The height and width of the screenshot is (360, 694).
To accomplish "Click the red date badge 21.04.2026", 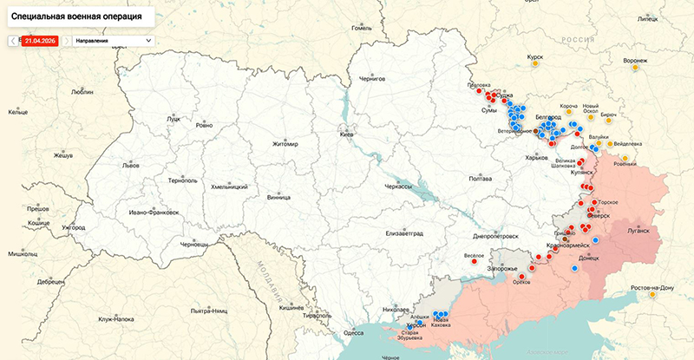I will point(40,40).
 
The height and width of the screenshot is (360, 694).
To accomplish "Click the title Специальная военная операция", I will point(76,16).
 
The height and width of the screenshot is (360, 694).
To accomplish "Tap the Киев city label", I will point(347,135).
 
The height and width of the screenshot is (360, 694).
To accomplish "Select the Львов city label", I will point(131,164).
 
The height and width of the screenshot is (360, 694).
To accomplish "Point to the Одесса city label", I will point(353,332).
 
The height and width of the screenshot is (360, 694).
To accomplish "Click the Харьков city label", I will point(537,158).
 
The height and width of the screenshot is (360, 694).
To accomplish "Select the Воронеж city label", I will point(635,61).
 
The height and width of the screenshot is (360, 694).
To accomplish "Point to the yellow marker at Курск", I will point(536,65).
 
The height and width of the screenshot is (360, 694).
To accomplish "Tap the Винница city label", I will point(279,197).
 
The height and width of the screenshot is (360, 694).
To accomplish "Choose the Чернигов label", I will point(371,78).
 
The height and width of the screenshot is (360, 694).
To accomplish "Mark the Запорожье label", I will point(503,269).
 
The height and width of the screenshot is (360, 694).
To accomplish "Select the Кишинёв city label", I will point(291,307).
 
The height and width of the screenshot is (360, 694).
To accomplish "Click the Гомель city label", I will point(361,28).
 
